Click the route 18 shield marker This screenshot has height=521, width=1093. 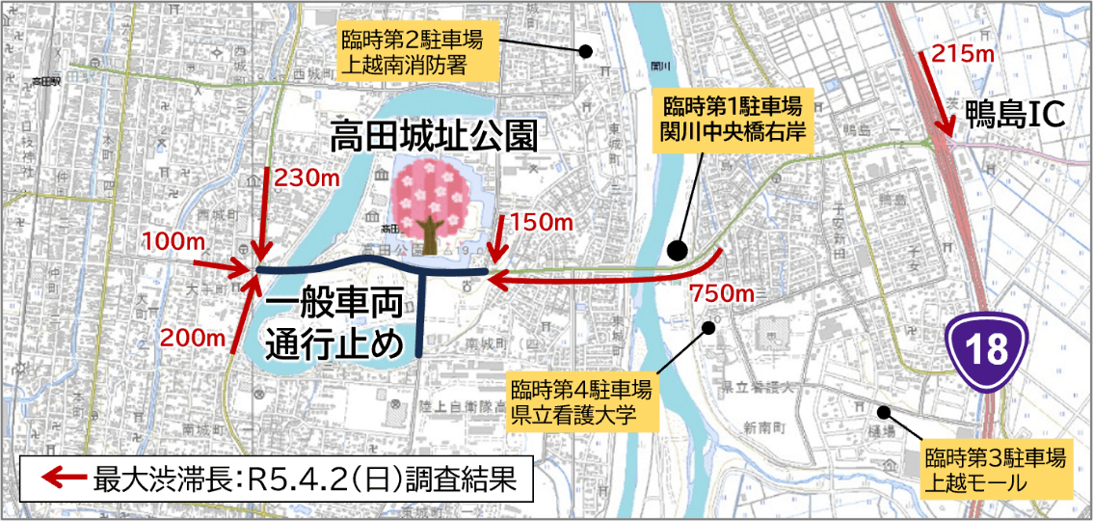click(x=987, y=348)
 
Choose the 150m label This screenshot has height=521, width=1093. click(x=543, y=223)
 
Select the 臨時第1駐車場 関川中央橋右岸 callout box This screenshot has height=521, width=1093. click(x=732, y=116)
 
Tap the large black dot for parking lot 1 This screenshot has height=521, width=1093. click(x=678, y=251)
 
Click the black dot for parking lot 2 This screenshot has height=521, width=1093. click(x=583, y=51)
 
